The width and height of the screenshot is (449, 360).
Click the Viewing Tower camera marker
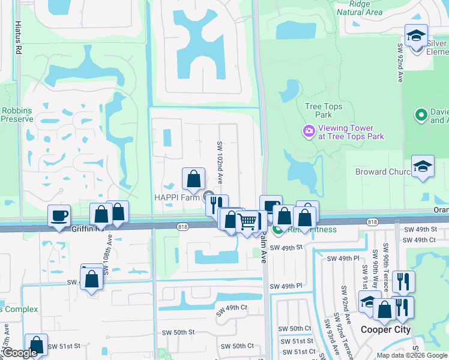pos(309,131)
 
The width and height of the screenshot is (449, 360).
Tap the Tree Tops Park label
pos(324,110)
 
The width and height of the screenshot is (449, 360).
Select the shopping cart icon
pos(247,221)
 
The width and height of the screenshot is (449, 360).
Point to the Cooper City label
pos(385,329)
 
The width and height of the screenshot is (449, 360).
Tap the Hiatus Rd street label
pos(18,40)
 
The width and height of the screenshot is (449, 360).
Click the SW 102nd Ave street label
pos(220,163)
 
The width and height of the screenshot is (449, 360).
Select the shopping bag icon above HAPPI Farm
pos(193,178)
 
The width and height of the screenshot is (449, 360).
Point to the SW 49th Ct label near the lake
pos(229,308)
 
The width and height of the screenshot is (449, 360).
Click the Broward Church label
pos(379,172)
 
